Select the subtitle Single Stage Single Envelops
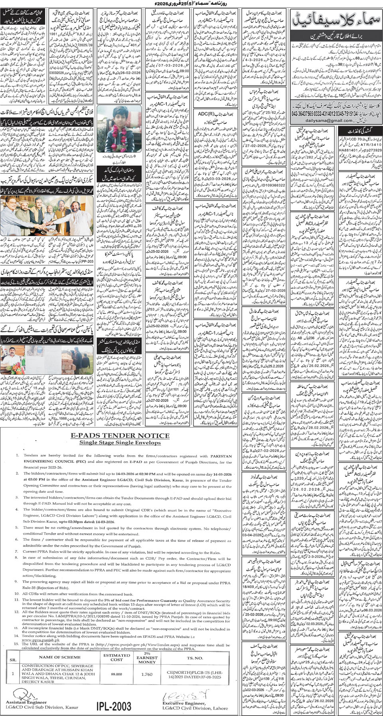coord(120,443)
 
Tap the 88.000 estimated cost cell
coord(116,674)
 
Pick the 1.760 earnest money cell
coord(147,674)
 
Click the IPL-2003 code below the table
coord(114,706)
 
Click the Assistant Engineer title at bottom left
coord(26,702)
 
